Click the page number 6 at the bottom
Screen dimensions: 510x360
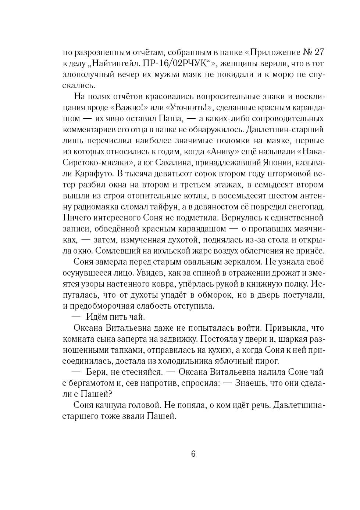tap(193, 454)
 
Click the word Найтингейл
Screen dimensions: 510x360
tap(114, 63)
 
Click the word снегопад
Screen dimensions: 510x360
tap(302, 206)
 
